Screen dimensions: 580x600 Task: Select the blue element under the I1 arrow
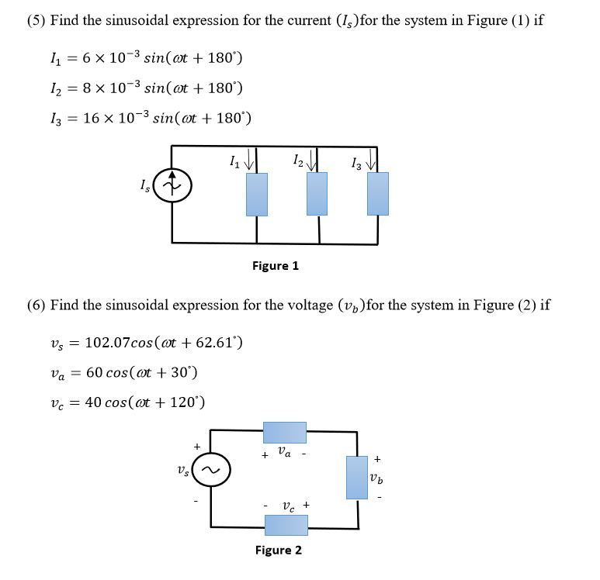pos(257,194)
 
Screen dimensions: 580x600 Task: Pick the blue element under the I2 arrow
pos(317,194)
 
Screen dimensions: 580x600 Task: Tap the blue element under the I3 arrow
pos(378,194)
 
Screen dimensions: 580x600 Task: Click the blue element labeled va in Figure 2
pos(285,433)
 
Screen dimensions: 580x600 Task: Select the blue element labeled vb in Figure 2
pos(356,477)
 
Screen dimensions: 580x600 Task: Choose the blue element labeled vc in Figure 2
pos(286,525)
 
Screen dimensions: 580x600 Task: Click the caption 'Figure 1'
pos(276,266)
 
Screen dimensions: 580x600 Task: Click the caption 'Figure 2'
pos(279,551)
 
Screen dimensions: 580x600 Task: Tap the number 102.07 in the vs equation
pos(109,343)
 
